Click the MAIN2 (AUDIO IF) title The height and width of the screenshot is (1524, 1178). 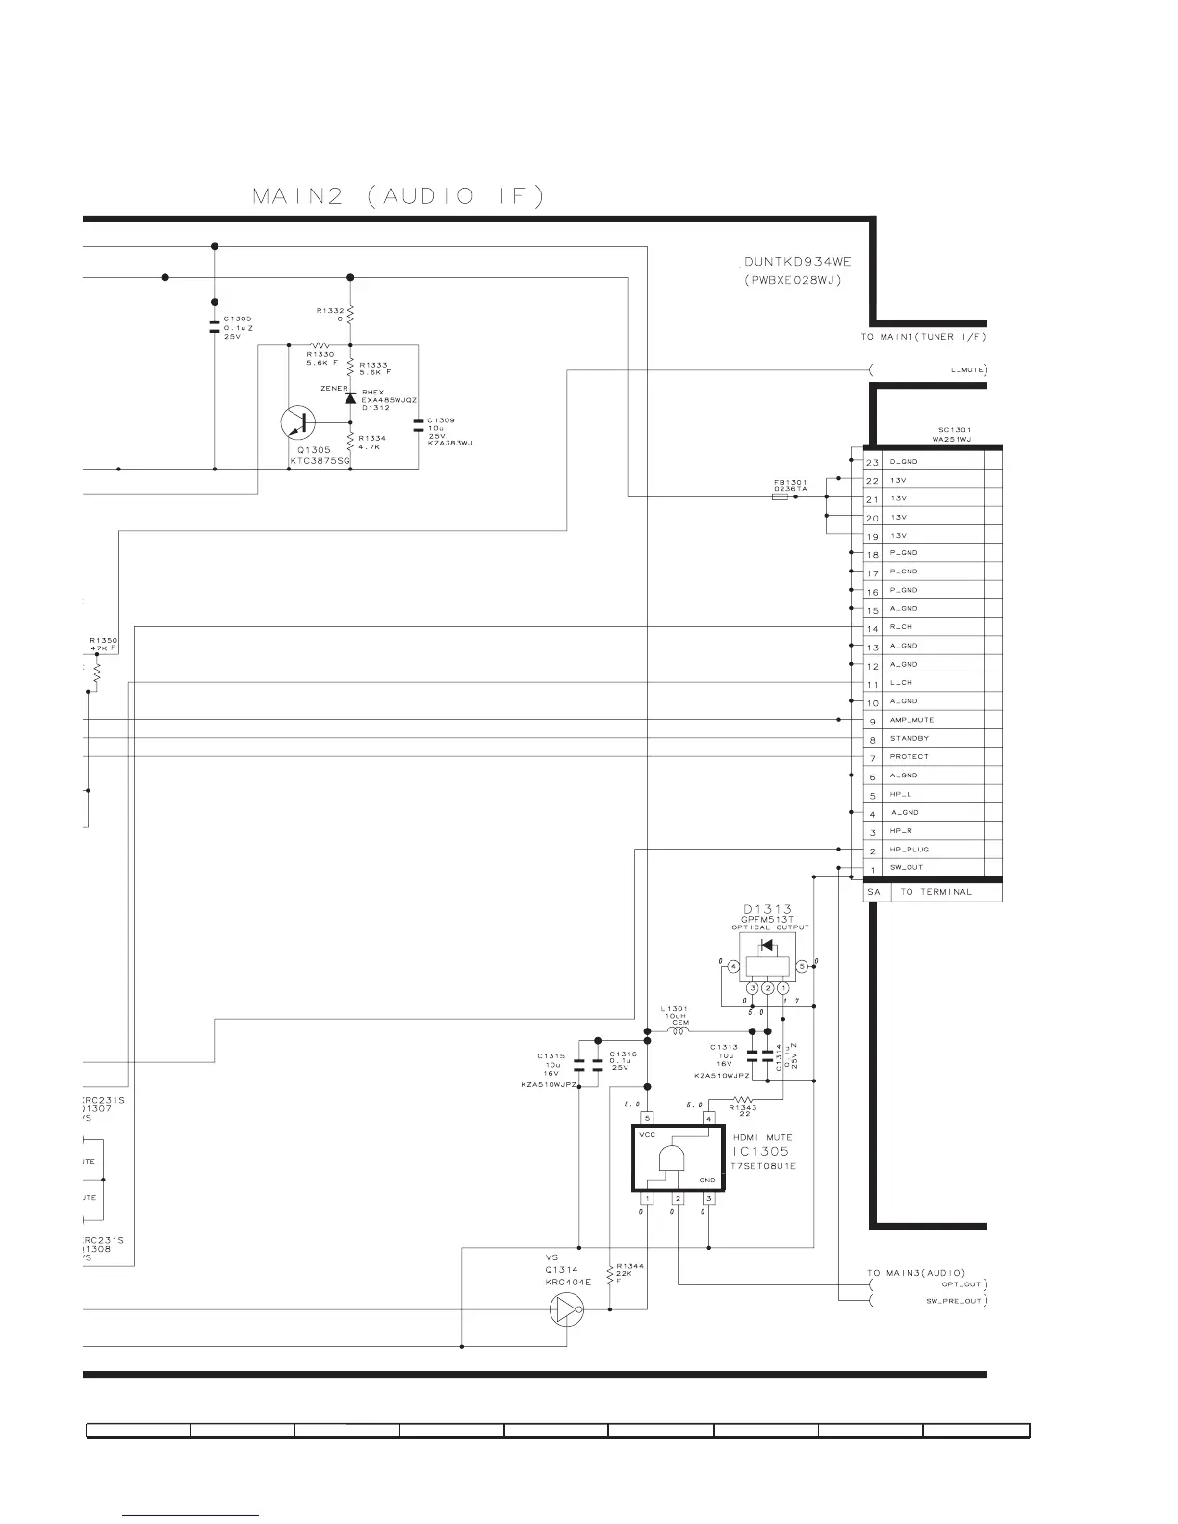pyautogui.click(x=397, y=196)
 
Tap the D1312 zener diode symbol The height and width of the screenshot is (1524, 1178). pyautogui.click(x=350, y=396)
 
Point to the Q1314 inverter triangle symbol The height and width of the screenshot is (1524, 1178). pyautogui.click(x=565, y=1309)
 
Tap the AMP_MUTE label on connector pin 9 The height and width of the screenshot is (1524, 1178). pyautogui.click(x=910, y=720)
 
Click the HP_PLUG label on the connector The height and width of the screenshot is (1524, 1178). pyautogui.click(x=909, y=850)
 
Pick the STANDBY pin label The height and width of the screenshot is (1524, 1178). pyautogui.click(x=909, y=738)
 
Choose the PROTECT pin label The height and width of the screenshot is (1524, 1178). pyautogui.click(x=909, y=756)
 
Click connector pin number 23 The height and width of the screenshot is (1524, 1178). pyautogui.click(x=872, y=462)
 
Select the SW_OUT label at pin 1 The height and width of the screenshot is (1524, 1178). pyautogui.click(x=906, y=868)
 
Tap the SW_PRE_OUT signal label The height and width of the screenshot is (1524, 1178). pyautogui.click(x=954, y=1302)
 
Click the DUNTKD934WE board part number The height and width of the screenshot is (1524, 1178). pyautogui.click(x=798, y=262)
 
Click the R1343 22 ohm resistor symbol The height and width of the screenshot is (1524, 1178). pyautogui.click(x=741, y=1099)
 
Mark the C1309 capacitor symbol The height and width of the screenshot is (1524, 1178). pyautogui.click(x=418, y=424)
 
